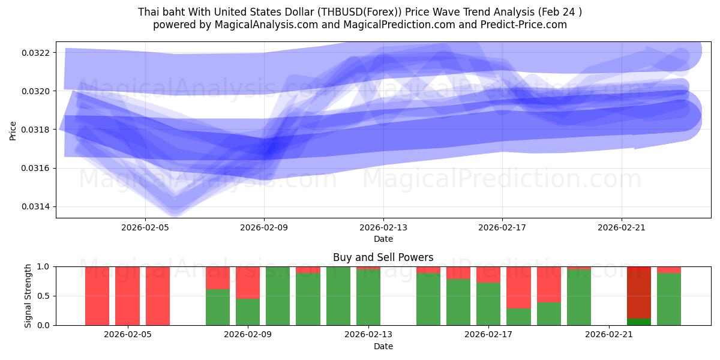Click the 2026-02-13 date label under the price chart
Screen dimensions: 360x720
pos(383,227)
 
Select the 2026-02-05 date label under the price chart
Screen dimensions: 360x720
pos(145,227)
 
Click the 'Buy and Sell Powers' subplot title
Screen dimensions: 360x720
pos(383,257)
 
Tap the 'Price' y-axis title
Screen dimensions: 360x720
pos(13,130)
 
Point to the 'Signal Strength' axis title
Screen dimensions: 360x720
pos(28,296)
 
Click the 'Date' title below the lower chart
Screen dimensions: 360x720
pos(383,346)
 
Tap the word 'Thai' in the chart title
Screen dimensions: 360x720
pos(148,11)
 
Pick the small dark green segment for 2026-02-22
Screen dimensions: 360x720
pos(639,322)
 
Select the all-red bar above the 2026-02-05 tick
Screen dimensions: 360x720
pos(127,296)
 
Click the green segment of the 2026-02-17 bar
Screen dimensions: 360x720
pos(488,304)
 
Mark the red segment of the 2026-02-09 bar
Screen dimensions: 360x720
pos(248,282)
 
